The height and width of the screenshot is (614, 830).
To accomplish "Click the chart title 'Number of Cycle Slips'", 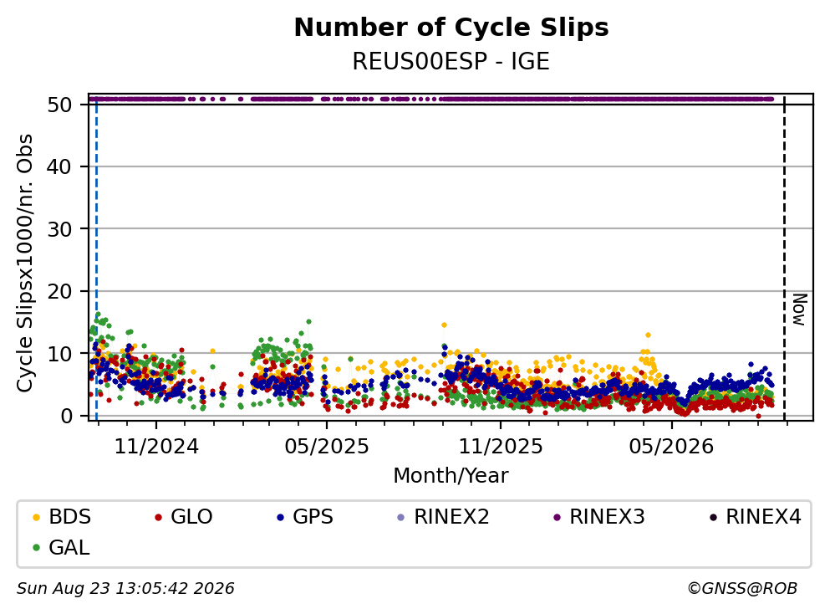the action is tap(451, 28).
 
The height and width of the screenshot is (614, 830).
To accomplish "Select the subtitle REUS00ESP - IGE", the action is tap(451, 61).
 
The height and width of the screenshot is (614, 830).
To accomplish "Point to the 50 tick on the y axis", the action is tap(59, 105).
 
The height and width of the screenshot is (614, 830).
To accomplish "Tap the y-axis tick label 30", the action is tap(59, 229).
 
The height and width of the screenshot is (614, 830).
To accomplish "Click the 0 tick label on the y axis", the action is tap(66, 416).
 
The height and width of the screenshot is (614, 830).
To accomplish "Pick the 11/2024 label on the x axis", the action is tap(156, 447).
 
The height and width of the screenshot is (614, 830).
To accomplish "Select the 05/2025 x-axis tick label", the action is tap(327, 447).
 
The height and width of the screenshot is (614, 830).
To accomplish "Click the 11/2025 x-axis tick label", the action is tap(500, 447).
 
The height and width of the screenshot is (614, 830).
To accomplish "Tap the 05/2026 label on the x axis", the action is tap(671, 447).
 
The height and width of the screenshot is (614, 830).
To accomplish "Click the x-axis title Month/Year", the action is tap(451, 476).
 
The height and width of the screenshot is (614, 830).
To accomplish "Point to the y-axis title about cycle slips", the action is tap(25, 263).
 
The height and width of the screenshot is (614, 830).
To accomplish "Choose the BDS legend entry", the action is tap(62, 516).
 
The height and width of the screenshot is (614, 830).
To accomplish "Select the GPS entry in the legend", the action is tap(305, 516).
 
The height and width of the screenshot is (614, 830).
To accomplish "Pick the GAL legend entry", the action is tap(61, 547).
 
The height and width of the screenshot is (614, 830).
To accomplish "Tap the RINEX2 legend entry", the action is tap(444, 516).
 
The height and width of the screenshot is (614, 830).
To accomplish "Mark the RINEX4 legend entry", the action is tap(756, 516).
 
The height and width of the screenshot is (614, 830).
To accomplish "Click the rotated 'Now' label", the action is tap(799, 310).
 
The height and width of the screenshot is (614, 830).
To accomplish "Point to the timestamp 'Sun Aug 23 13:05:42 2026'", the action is tap(125, 589).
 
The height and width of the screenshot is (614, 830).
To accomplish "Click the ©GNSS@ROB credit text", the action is tap(742, 589).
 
